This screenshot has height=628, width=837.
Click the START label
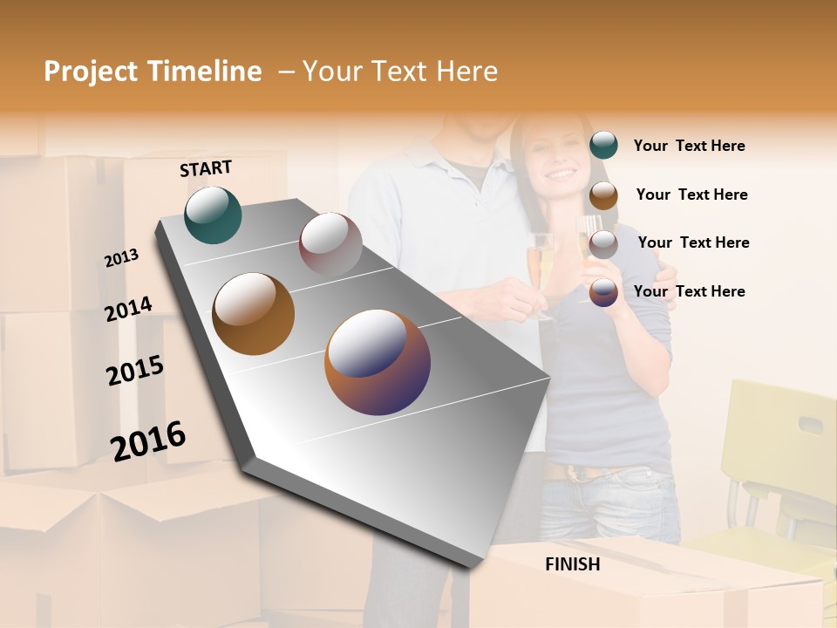[206, 167]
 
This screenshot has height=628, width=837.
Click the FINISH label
[573, 564]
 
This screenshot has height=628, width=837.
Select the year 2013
[121, 258]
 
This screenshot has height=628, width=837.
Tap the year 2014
[128, 310]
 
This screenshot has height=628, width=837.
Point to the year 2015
[135, 371]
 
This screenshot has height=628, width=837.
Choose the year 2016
[148, 441]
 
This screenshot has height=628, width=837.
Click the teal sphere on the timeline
[214, 215]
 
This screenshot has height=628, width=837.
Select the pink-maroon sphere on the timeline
[330, 243]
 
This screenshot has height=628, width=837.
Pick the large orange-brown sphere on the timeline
[254, 314]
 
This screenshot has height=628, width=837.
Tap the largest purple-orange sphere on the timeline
[378, 362]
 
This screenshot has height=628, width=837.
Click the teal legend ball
[603, 146]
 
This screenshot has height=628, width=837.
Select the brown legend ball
[603, 195]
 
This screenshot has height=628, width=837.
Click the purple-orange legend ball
[603, 292]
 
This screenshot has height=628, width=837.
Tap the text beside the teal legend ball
[689, 146]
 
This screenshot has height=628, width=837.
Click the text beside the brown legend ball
[691, 195]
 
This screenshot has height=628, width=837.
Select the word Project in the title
[91, 72]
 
